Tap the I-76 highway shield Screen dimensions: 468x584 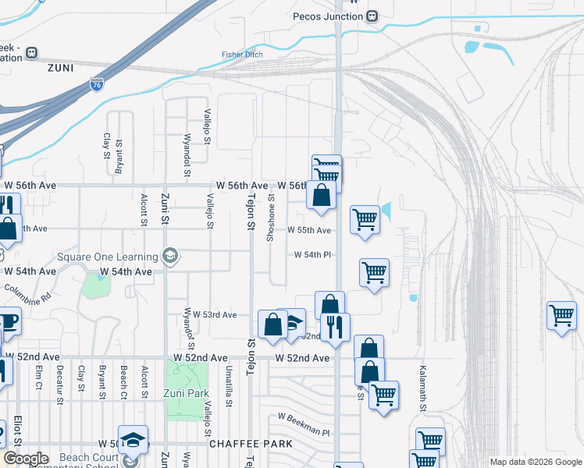tap(96, 84)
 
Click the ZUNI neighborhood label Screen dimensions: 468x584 tap(60, 68)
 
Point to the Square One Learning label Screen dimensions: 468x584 tap(107, 256)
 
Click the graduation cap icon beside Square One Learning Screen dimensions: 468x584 tap(169, 256)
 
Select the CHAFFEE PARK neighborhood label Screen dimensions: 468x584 tap(251, 443)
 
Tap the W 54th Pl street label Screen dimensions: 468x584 tap(313, 255)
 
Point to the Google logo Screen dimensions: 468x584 tap(26, 459)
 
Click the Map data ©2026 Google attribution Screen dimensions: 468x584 tap(535, 462)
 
